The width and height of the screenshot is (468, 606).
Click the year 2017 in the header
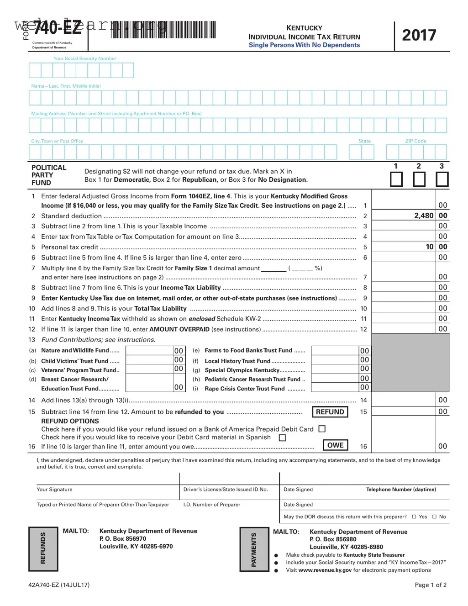[419, 35]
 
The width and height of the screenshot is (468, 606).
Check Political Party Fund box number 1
[396, 179]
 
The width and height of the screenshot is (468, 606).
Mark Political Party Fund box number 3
[442, 179]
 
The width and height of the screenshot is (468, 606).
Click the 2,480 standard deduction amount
[423, 216]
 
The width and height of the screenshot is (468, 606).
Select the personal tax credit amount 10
[429, 247]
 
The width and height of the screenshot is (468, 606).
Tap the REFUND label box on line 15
[330, 412]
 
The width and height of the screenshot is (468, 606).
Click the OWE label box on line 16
[335, 445]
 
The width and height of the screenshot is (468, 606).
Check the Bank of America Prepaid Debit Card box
[322, 429]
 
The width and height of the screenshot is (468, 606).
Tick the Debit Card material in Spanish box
[282, 437]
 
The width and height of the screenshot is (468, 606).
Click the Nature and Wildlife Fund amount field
[149, 351]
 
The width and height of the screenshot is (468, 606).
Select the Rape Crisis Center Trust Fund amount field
[335, 388]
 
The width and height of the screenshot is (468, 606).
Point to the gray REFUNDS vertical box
[43, 548]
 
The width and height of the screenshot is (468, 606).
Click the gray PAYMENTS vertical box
[254, 549]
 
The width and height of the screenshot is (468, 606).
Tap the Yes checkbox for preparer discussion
[414, 517]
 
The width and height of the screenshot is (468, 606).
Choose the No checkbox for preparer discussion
[434, 517]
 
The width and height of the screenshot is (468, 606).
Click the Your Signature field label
[54, 490]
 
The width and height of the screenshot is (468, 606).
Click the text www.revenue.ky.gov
[325, 570]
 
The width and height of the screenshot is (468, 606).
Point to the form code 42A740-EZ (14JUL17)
[59, 585]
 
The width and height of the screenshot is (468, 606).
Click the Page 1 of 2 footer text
[430, 585]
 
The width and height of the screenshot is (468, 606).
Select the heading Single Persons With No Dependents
[304, 45]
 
